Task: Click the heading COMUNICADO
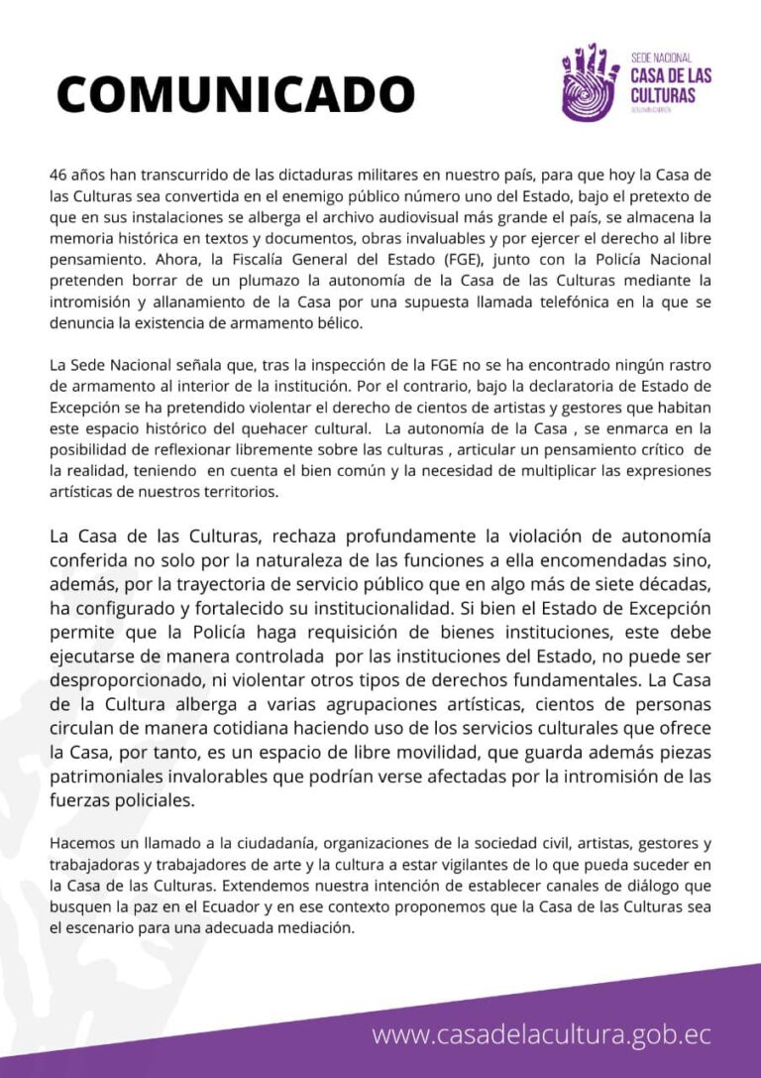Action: [235, 94]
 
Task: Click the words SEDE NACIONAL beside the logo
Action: [661, 59]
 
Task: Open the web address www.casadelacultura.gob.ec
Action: [542, 1034]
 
